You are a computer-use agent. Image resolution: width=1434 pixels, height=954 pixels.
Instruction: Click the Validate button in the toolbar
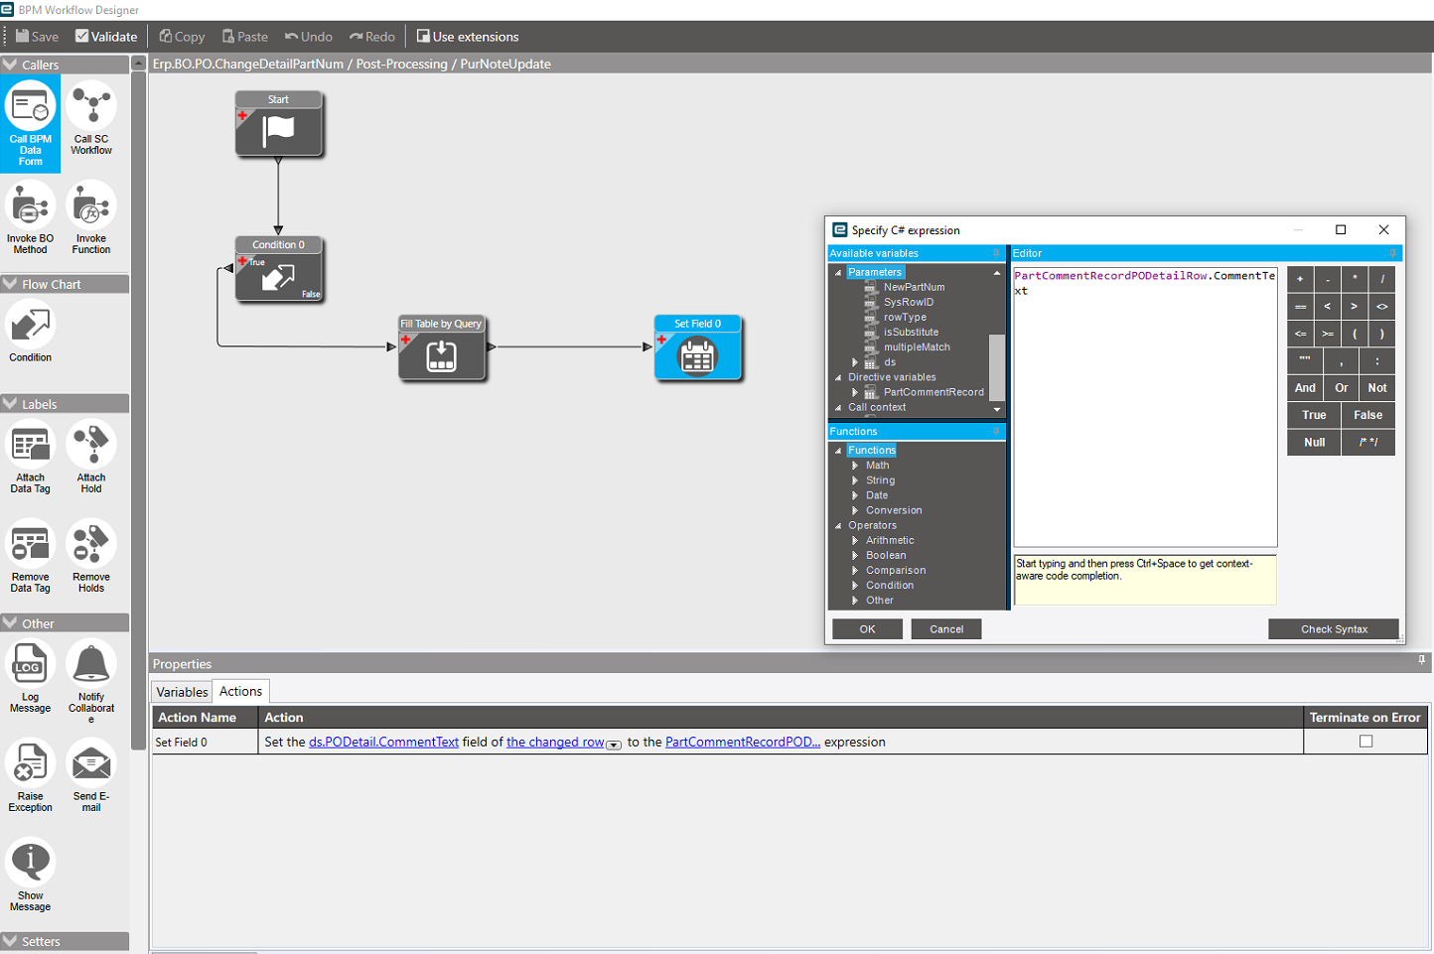[x=106, y=37]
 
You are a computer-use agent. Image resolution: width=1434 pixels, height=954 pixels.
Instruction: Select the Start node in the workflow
[x=278, y=123]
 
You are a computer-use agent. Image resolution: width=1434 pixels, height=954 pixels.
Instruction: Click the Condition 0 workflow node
[x=278, y=269]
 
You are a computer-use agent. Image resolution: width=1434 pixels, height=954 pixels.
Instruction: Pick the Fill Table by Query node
[x=441, y=347]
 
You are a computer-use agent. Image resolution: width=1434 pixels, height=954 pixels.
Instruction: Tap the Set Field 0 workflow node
[x=698, y=347]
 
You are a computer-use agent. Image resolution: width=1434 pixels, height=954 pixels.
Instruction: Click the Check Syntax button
[x=1334, y=629]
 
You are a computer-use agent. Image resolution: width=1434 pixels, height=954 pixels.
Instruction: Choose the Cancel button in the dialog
[x=946, y=629]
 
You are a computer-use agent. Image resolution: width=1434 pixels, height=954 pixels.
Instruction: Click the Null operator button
[x=1314, y=442]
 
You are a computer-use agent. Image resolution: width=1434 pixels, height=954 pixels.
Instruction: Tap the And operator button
[x=1305, y=388]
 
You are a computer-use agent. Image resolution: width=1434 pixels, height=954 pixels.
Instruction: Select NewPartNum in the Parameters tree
[x=914, y=287]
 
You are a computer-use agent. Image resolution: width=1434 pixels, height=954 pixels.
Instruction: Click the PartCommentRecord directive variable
[x=933, y=392]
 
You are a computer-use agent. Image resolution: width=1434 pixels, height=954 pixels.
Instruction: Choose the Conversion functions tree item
[x=894, y=510]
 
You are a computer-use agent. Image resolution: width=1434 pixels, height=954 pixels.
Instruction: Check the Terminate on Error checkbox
[x=1365, y=741]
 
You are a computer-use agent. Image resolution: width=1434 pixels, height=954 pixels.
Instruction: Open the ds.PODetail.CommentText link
[x=383, y=743]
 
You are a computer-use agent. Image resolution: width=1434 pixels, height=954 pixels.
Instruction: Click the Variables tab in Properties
[x=182, y=692]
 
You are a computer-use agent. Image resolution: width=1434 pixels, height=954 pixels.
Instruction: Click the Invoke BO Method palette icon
[x=30, y=217]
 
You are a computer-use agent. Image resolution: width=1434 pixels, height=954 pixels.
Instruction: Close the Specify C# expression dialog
[x=1383, y=229]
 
